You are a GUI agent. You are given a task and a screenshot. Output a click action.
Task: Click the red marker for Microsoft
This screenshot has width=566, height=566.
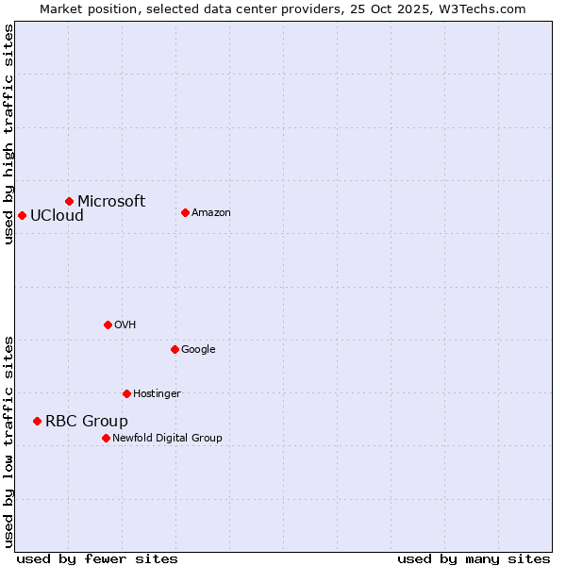click(69, 201)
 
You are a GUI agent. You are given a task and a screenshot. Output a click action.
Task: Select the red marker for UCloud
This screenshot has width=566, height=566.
click(22, 215)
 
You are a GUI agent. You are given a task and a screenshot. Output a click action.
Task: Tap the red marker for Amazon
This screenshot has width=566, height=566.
click(185, 212)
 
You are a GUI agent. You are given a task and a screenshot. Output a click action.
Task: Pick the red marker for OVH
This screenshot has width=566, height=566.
click(108, 325)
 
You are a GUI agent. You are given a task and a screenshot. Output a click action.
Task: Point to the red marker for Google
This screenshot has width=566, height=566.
click(175, 349)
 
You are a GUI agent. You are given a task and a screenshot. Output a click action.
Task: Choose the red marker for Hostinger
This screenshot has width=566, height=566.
click(126, 393)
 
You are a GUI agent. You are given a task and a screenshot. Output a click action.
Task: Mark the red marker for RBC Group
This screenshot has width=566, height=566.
click(37, 421)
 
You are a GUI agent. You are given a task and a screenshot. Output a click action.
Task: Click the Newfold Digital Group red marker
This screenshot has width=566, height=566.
click(106, 438)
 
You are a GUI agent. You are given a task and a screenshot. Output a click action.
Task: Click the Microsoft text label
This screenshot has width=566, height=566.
click(111, 201)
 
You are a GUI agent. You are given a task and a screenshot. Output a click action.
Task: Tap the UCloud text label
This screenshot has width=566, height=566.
click(57, 215)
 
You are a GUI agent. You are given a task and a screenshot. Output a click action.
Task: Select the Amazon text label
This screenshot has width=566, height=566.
click(211, 212)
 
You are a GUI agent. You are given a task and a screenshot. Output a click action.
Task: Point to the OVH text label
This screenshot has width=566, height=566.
click(125, 325)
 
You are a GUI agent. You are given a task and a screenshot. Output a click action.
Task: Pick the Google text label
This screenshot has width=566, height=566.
click(198, 349)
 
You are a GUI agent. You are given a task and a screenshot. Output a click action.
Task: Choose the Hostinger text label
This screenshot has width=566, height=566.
click(157, 393)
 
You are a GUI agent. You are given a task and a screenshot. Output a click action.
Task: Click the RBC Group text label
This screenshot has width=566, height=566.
click(87, 421)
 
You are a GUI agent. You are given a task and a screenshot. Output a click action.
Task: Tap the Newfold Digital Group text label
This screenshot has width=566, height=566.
click(167, 438)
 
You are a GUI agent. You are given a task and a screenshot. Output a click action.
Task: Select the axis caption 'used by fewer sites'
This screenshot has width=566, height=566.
click(97, 558)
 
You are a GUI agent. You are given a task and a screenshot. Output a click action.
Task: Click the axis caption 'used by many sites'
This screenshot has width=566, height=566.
click(474, 558)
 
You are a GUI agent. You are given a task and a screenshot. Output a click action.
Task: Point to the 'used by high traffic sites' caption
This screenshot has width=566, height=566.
click(8, 134)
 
